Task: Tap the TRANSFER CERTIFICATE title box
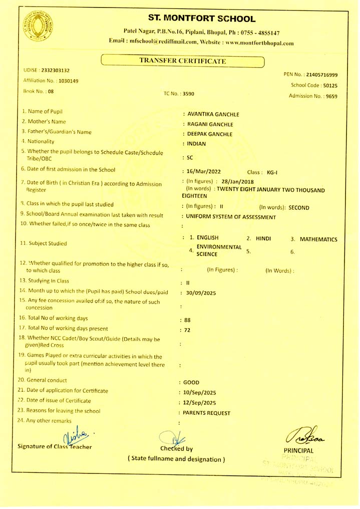[x=183, y=61]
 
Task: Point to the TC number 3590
[x=188, y=93]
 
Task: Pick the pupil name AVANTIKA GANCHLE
[x=213, y=115]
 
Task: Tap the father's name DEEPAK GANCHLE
[x=209, y=134]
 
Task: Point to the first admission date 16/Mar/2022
[x=203, y=171]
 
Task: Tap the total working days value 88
[x=187, y=320]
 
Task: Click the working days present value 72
[x=187, y=330]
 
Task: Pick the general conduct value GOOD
[x=191, y=382]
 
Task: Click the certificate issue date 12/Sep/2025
[x=200, y=402]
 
